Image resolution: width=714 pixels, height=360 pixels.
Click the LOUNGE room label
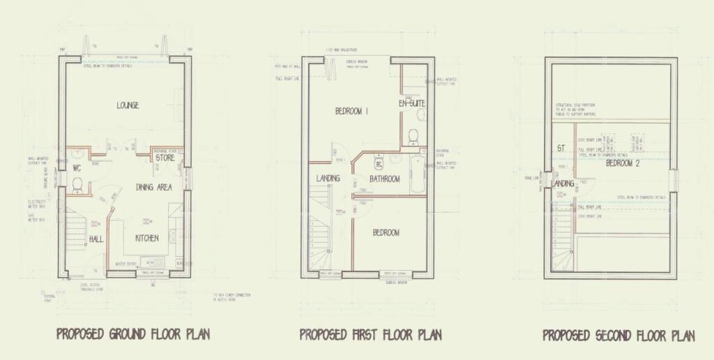pos(128,105)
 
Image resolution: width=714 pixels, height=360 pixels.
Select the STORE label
pos(165,158)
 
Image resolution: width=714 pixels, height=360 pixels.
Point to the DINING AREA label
pos(153,187)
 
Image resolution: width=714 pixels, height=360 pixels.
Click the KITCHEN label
pos(146,238)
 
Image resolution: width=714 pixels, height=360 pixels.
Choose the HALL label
pos(96,239)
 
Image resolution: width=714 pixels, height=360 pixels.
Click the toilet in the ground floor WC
pos(77,185)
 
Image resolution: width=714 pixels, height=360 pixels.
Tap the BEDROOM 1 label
pos(351,112)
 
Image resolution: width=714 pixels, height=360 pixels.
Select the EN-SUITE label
pos(411,103)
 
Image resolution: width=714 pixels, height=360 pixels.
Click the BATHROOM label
pos(384,179)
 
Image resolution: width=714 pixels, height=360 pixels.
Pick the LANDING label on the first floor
pos(328,179)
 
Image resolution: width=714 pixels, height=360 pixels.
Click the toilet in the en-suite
pos(413,134)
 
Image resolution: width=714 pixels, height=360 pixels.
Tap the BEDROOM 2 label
pos(623,163)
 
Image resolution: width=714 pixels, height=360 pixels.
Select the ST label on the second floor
pos(560,148)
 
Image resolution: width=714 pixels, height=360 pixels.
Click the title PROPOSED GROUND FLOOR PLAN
pos(133,334)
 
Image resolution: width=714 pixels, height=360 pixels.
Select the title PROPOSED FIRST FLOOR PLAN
pos(370,334)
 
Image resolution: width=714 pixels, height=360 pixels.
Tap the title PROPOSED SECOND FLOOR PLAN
pos(618,336)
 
